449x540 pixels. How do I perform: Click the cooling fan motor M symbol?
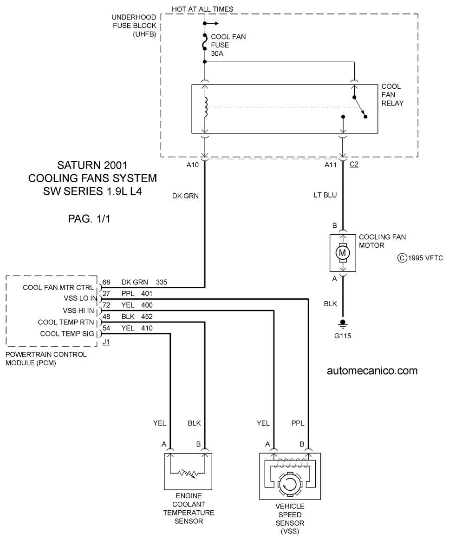point(342,253)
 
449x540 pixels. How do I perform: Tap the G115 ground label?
point(343,336)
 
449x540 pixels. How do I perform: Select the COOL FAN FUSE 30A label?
point(228,45)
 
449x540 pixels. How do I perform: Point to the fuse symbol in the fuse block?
point(205,42)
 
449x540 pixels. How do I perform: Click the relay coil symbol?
point(206,107)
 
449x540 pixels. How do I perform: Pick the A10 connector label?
point(192,165)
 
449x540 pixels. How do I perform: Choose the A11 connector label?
point(330,165)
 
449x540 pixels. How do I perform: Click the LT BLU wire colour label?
point(325,195)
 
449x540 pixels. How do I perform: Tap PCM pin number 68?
point(106,282)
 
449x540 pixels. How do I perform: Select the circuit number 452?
point(147,316)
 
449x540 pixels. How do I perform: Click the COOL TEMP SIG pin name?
point(67,334)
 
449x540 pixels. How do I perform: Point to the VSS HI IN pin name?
point(78,310)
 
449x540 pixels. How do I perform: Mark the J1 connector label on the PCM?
point(106,342)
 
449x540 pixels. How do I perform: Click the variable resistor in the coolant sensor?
point(188,474)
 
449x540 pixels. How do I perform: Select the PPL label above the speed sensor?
point(298,423)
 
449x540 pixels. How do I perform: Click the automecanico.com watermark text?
point(372,370)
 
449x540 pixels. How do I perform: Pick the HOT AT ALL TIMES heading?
point(202,9)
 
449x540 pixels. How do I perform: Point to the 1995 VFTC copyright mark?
point(420,258)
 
